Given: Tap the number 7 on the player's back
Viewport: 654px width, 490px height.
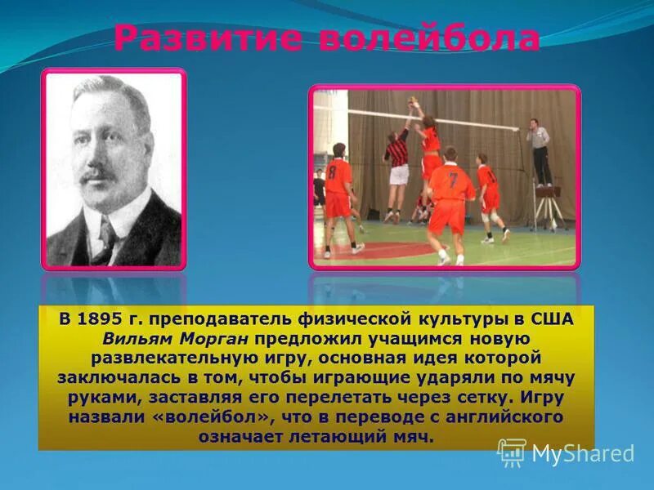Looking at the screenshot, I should (453, 180).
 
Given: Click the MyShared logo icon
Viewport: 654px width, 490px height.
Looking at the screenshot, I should (512, 452).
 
